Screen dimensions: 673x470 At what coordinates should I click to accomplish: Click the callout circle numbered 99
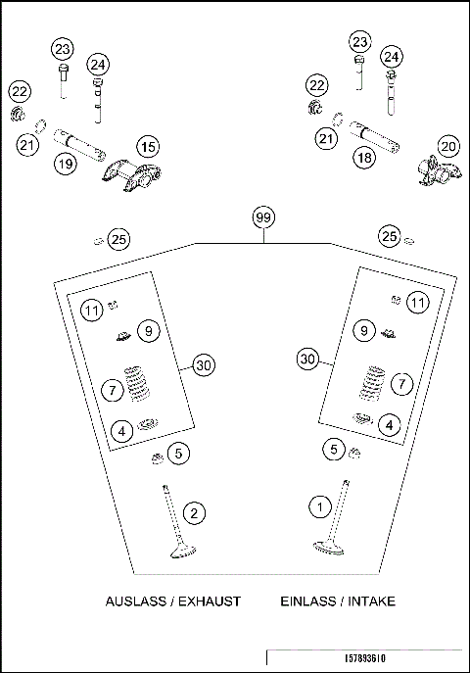261,217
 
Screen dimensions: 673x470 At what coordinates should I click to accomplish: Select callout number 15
147,147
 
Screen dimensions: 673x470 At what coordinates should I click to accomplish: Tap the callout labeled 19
65,164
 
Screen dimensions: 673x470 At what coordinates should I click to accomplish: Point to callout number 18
363,158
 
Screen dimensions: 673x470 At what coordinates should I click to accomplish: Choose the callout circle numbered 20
447,147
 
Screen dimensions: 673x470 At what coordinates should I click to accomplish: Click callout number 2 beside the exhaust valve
196,512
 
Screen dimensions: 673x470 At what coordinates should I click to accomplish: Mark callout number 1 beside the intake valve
318,506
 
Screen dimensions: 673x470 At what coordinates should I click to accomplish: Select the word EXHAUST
209,601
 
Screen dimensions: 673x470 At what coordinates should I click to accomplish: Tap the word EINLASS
305,601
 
